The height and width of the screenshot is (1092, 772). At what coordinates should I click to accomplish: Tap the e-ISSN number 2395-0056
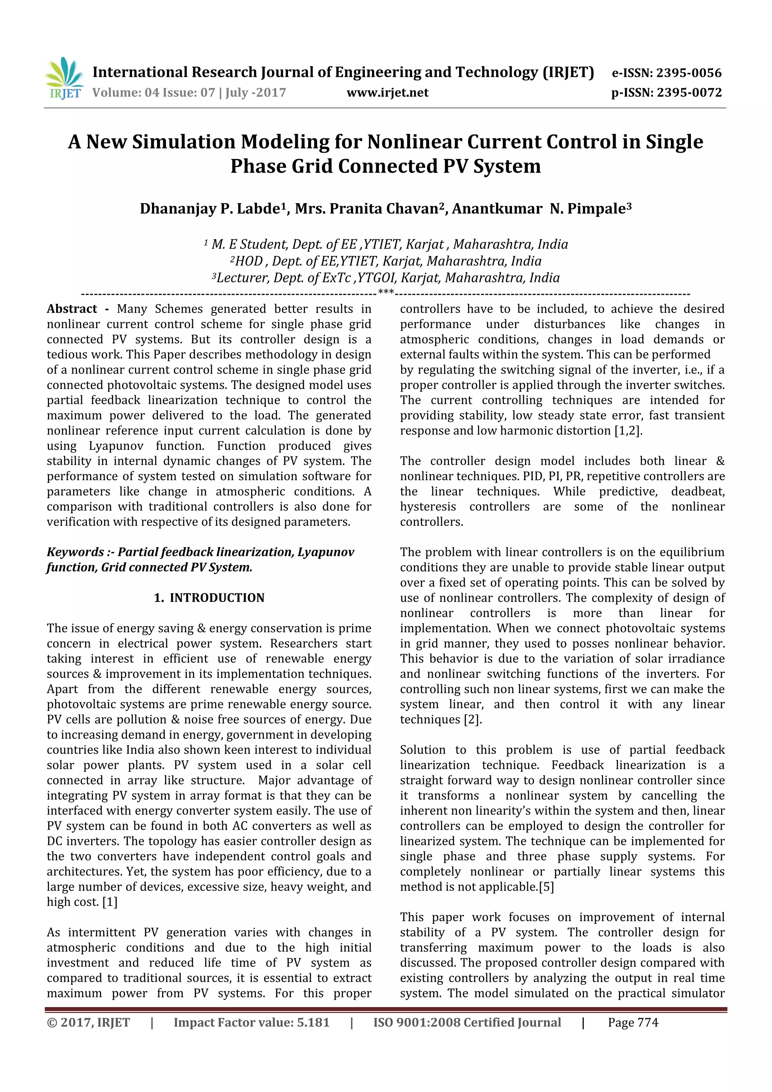click(x=689, y=73)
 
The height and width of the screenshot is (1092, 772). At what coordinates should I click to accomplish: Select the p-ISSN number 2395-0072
click(x=689, y=93)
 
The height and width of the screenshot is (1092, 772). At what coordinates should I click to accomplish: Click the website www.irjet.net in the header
click(x=387, y=93)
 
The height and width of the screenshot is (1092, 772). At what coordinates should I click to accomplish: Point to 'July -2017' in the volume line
click(x=256, y=92)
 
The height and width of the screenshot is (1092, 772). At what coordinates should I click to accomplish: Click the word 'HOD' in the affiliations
click(x=249, y=261)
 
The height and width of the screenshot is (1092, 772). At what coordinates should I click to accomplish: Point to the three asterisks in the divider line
click(x=385, y=291)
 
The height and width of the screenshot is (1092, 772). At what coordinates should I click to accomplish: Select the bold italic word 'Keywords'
click(x=75, y=552)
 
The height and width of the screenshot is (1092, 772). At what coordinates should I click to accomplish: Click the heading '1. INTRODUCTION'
click(x=209, y=598)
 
